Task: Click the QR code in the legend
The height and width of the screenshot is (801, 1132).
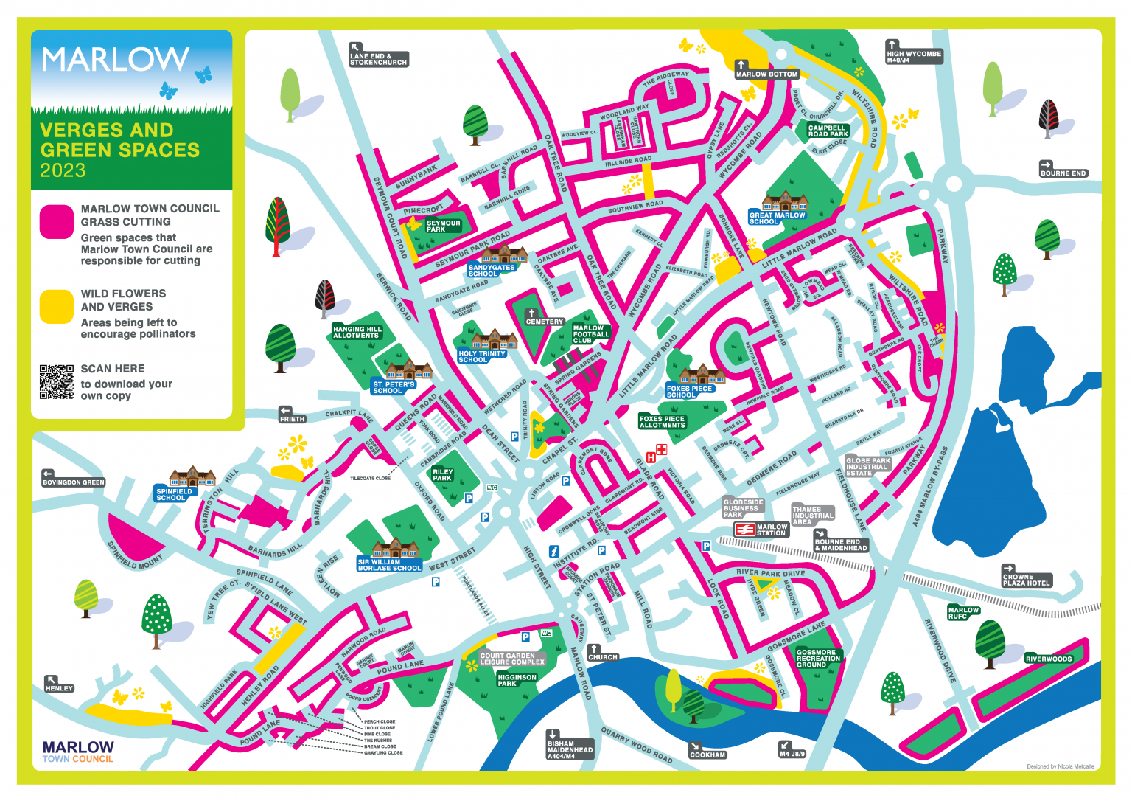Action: pyautogui.click(x=57, y=381)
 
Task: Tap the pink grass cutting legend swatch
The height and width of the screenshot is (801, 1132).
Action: pyautogui.click(x=56, y=222)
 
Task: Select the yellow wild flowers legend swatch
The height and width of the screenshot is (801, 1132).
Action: pyautogui.click(x=56, y=306)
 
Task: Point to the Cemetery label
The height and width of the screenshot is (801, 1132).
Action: pyautogui.click(x=544, y=322)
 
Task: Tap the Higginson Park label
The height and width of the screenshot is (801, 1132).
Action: pyautogui.click(x=517, y=680)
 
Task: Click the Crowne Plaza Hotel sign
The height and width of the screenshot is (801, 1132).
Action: pyautogui.click(x=1026, y=580)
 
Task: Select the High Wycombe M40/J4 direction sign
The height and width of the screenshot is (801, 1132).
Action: pyautogui.click(x=914, y=56)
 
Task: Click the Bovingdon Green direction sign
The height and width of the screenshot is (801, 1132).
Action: pyautogui.click(x=73, y=482)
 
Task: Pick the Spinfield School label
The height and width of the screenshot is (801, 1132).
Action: pyautogui.click(x=174, y=494)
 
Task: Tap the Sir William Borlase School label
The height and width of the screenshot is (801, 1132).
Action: pyautogui.click(x=389, y=565)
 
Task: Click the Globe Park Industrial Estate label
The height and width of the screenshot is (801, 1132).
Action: pyautogui.click(x=867, y=466)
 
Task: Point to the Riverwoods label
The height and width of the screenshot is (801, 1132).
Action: pyautogui.click(x=1048, y=659)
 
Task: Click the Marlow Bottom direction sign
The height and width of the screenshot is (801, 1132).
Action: pyautogui.click(x=766, y=73)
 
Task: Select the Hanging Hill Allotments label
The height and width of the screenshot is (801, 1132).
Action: pyautogui.click(x=357, y=332)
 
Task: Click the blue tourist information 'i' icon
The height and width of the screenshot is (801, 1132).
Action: pyautogui.click(x=554, y=551)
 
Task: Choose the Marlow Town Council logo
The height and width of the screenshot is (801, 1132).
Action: pyautogui.click(x=78, y=752)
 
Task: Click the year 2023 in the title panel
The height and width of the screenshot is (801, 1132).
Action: pyautogui.click(x=63, y=170)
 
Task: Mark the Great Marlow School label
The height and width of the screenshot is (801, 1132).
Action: pyautogui.click(x=777, y=218)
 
